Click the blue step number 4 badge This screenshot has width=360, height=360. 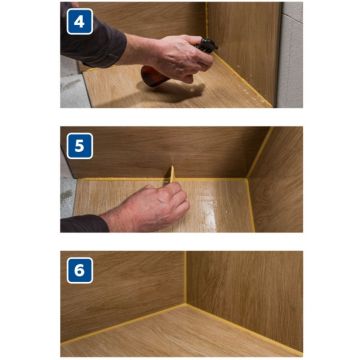click(80, 22)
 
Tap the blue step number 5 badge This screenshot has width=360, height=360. click(80, 146)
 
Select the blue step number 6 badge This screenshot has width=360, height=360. click(80, 270)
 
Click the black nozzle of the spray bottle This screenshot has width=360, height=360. click(207, 46)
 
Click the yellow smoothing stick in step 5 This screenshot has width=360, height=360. click(172, 174)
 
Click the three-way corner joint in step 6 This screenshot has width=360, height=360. click(186, 303)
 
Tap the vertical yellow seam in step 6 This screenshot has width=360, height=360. click(186, 277)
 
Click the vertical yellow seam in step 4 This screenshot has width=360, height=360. click(206, 21)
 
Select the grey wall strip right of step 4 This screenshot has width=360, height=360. click(290, 55)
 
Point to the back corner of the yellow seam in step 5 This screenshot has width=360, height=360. click(247, 179)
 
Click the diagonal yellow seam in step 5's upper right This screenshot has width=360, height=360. click(260, 153)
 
